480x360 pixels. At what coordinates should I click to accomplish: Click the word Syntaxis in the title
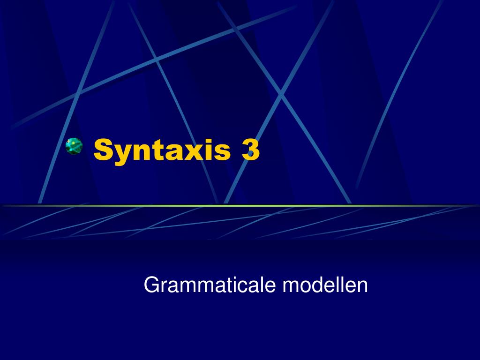pyautogui.click(x=162, y=150)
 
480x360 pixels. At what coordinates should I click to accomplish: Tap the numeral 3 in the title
pyautogui.click(x=250, y=150)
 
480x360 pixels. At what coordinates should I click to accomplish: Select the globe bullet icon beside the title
pyautogui.click(x=74, y=146)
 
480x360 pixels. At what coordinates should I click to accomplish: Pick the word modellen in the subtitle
pyautogui.click(x=325, y=285)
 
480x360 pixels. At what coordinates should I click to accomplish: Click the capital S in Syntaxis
pyautogui.click(x=103, y=150)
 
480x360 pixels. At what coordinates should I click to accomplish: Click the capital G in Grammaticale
pyautogui.click(x=150, y=285)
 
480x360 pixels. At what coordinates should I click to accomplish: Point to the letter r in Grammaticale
pyautogui.click(x=163, y=286)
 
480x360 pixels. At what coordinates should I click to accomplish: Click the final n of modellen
pyautogui.click(x=363, y=286)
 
